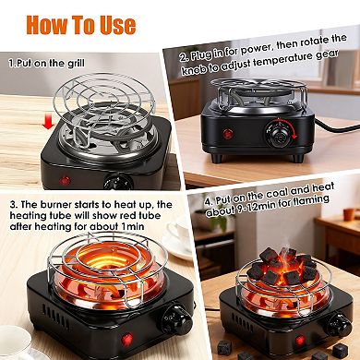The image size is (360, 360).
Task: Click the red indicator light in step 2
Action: pos(226,134)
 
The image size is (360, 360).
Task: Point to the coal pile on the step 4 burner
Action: pos(282,267)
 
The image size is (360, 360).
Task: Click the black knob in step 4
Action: pos(337,326)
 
